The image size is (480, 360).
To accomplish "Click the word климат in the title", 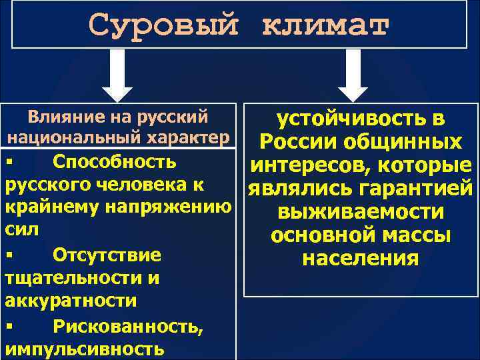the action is [325, 25].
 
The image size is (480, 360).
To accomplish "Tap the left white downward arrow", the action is [117, 75].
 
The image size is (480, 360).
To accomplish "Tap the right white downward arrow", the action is [354, 75].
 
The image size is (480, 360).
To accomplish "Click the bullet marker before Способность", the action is [9, 163].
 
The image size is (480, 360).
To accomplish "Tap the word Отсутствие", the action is [107, 255].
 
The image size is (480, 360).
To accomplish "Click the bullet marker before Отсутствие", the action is [9, 255].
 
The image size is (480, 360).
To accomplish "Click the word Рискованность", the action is [127, 325].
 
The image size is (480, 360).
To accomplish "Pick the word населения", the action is [361, 258].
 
